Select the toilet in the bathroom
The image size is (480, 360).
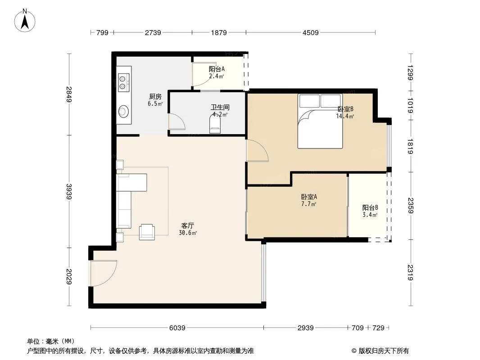[215, 124]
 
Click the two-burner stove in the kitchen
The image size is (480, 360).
[123, 81]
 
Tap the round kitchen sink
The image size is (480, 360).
[123, 111]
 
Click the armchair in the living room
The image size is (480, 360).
[147, 231]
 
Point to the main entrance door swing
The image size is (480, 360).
[103, 273]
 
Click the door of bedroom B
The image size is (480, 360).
[257, 150]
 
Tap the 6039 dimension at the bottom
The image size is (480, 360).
[177, 328]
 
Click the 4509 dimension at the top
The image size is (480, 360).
[310, 32]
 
